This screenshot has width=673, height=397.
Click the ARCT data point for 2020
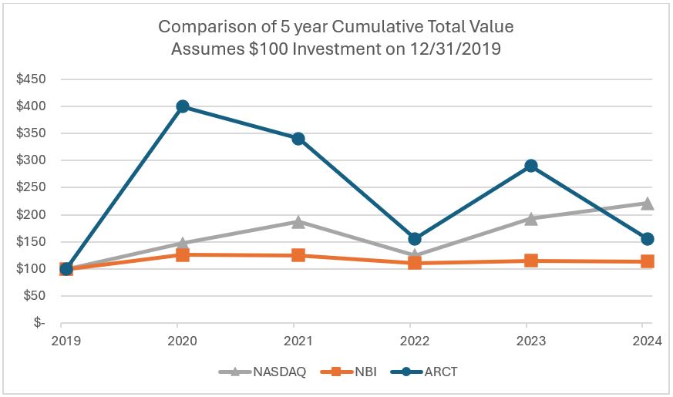183,106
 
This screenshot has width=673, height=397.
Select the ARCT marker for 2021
298,139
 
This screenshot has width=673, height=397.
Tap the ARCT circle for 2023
530,166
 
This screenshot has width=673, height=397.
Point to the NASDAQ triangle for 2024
648,204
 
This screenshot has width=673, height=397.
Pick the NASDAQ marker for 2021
298,222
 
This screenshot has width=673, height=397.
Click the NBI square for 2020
183,254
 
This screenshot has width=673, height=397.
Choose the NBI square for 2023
530,261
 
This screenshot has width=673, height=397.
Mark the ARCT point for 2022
415,239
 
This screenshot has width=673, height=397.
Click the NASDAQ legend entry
267,372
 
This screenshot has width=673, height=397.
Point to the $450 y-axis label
32,79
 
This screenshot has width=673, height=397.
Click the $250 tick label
32,187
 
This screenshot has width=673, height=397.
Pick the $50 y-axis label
35,296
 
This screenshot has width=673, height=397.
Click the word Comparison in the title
201,27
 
